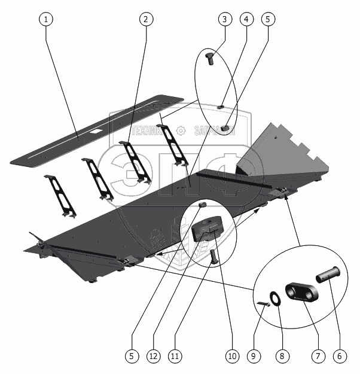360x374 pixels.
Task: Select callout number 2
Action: [x=144, y=19]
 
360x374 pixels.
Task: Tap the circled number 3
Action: [x=224, y=19]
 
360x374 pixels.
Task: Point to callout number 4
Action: [x=246, y=19]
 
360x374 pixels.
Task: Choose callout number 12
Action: [x=154, y=355]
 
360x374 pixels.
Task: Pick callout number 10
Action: [x=231, y=355]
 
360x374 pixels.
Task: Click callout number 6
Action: [x=339, y=355]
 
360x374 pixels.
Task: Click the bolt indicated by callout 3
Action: [x=210, y=59]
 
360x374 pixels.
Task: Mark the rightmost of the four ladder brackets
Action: [x=173, y=144]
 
